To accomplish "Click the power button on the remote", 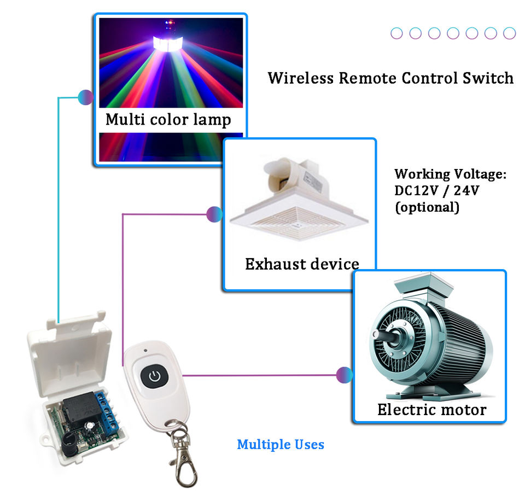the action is [154, 376].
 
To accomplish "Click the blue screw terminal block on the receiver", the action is [107, 411].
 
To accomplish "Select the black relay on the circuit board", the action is [80, 411].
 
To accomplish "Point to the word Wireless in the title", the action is [301, 78].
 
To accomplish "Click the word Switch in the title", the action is [488, 78].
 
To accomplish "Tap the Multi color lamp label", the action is [168, 120].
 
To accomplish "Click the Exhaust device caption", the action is [302, 264].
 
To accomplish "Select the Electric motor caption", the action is [431, 410].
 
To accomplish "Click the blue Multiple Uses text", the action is [281, 445].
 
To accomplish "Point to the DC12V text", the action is [416, 190].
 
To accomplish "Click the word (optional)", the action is [427, 207].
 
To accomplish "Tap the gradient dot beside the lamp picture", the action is [86, 97].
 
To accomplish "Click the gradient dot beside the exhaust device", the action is [214, 214].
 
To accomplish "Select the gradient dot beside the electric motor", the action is [345, 375].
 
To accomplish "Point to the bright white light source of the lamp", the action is [168, 44].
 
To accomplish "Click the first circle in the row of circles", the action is [397, 33].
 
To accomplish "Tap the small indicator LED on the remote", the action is [145, 351].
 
